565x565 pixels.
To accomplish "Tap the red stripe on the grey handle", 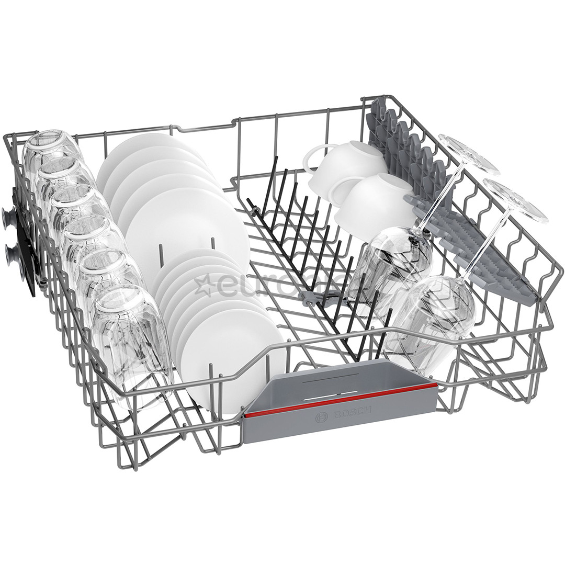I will [x=340, y=400].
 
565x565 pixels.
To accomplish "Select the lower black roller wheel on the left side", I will [x=12, y=255].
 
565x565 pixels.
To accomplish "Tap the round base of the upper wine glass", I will [x=469, y=155].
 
